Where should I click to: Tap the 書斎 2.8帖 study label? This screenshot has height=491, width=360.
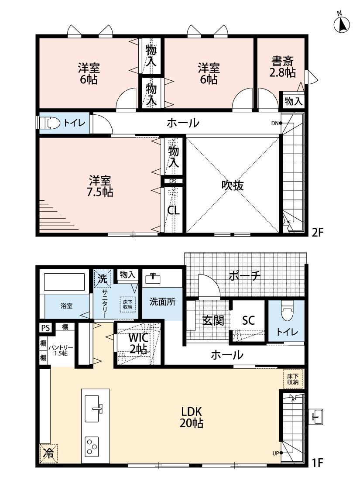tap(283, 66)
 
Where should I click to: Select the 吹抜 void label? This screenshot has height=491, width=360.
tap(233, 185)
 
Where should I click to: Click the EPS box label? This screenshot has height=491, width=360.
tap(172, 181)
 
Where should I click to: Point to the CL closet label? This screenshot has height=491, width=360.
tap(173, 210)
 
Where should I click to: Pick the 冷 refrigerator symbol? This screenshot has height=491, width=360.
tap(48, 453)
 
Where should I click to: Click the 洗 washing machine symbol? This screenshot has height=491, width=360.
tap(103, 278)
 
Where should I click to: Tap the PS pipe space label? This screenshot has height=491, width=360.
tap(45, 328)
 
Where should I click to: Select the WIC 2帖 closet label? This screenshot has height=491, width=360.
tap(138, 343)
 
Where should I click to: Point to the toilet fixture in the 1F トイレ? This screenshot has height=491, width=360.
tap(286, 311)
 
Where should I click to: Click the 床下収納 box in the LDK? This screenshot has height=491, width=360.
tap(293, 379)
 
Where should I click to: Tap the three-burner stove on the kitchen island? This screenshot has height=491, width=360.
tap(92, 446)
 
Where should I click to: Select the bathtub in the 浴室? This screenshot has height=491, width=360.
tap(65, 282)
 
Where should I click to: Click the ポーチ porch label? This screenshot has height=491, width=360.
tap(244, 276)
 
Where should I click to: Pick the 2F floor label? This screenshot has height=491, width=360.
tap(317, 232)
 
